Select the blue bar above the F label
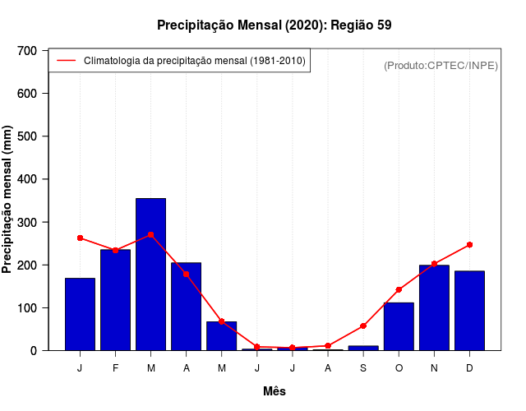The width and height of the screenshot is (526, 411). (115, 299)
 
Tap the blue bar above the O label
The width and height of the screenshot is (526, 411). (399, 326)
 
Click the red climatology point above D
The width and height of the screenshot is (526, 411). (469, 245)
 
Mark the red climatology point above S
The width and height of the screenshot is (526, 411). (363, 326)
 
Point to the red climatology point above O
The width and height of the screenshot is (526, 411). (399, 289)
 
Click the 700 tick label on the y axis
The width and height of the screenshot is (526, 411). (27, 51)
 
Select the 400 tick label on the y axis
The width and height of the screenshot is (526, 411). (27, 179)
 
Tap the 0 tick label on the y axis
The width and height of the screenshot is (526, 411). (33, 351)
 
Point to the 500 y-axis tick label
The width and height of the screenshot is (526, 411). (27, 136)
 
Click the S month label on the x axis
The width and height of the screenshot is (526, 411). (363, 368)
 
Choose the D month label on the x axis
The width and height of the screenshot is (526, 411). (469, 368)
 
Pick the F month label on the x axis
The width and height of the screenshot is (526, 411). (115, 368)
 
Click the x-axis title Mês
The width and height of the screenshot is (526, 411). (275, 391)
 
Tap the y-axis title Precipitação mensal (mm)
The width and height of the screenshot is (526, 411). (8, 201)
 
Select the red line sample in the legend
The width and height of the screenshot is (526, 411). (66, 61)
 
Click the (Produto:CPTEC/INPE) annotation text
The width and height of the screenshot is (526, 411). (441, 65)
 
